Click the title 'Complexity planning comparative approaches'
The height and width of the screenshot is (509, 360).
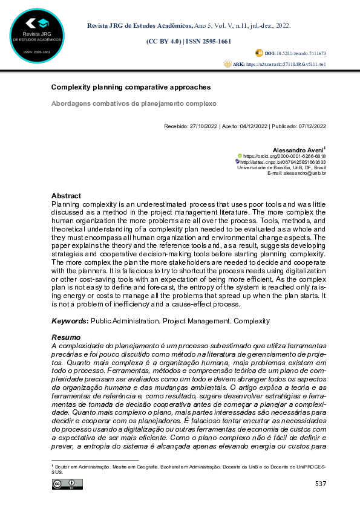(x=131, y=88)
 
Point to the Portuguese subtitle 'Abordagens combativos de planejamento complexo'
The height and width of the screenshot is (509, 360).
(x=134, y=103)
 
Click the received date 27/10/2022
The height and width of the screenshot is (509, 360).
(x=200, y=126)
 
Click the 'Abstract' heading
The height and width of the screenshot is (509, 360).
(x=66, y=196)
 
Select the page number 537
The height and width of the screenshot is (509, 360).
(x=321, y=484)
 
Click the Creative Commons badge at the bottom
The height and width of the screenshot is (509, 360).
(x=67, y=484)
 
